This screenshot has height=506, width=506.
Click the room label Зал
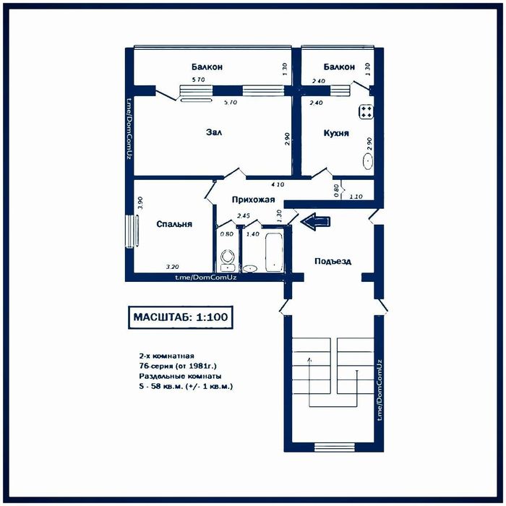pos(214,132)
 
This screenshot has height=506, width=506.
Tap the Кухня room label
pos(336,133)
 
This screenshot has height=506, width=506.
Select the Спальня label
pos(174,224)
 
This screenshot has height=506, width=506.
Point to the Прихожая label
pos(253,200)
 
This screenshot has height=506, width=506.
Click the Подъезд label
pos(333,261)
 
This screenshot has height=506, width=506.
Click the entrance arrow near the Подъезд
pos(315,221)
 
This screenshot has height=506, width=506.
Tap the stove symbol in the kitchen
pos(366,111)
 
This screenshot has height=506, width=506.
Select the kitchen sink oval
pos(368,161)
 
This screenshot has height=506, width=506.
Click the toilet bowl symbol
pos(228,257)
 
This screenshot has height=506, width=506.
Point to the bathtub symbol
pos(274,252)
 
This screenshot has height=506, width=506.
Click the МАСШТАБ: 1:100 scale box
pos(181,317)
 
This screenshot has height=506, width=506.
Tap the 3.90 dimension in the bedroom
pos(140,203)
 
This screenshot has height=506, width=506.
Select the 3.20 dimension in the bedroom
pos(172,267)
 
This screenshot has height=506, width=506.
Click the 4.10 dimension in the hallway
pos(278,184)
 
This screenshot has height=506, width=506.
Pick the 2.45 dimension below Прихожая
pos(244,216)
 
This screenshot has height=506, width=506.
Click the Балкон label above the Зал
pos(207,67)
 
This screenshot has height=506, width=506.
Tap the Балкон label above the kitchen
pos(339,67)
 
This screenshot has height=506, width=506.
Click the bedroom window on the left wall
pos(132,231)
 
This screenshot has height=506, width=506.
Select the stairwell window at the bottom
pos(334,447)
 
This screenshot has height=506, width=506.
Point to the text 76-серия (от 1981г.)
pos(178,366)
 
